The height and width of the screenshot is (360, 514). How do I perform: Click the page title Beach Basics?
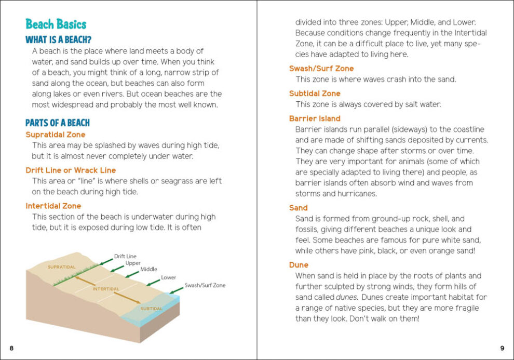click(56, 24)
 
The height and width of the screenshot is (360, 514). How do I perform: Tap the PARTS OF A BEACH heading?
click(58, 123)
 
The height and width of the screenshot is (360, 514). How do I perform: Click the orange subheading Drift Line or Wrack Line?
click(71, 170)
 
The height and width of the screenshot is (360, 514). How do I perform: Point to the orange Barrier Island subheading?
click(315, 118)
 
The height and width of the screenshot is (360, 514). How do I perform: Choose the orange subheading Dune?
click(299, 265)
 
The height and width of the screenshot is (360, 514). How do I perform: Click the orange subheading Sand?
click(299, 208)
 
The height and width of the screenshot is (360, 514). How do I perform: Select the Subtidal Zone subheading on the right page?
click(315, 94)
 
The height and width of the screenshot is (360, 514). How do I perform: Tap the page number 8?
click(11, 348)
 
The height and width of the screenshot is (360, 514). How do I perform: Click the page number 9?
click(502, 348)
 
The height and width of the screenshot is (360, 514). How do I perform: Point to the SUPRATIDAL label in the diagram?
click(62, 268)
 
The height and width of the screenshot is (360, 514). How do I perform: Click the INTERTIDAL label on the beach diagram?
click(106, 289)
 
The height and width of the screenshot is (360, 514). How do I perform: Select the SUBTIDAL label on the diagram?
click(152, 309)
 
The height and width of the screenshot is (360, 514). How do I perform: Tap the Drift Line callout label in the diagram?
click(125, 256)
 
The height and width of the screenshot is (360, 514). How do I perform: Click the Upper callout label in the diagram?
click(132, 263)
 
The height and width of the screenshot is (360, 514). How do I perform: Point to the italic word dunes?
click(347, 298)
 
